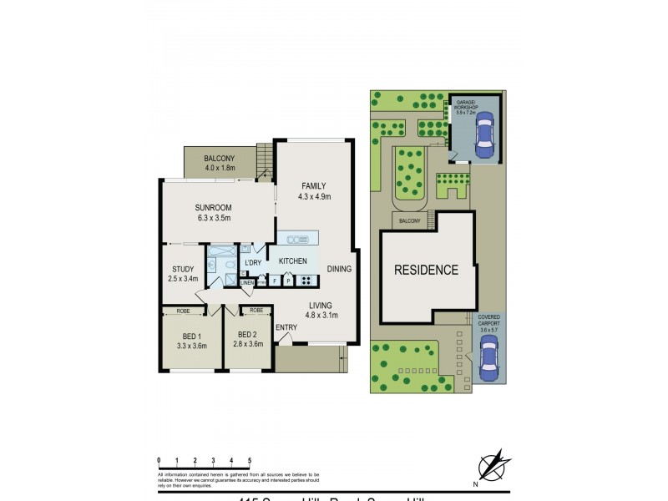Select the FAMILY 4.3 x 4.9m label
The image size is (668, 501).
(315, 191)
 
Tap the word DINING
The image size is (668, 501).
(339, 269)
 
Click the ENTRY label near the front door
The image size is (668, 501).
(286, 327)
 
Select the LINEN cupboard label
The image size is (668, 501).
(247, 283)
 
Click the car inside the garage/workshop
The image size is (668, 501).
(483, 135)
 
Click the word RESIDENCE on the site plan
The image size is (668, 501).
(426, 270)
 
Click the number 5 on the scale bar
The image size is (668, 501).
(250, 460)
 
